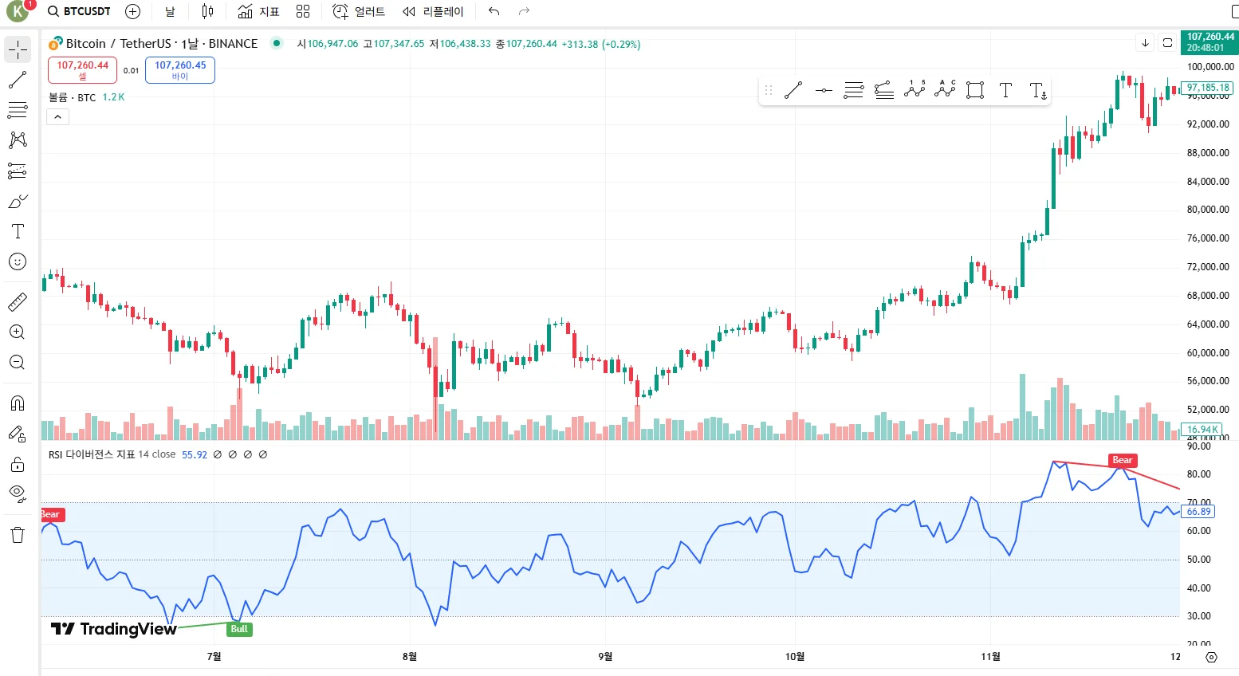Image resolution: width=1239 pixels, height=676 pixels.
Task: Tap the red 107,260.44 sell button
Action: (82, 70)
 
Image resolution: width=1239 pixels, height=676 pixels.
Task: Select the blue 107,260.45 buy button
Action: (180, 70)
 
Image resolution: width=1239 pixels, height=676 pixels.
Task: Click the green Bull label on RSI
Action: (239, 629)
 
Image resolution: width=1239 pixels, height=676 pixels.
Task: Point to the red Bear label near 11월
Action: (1122, 460)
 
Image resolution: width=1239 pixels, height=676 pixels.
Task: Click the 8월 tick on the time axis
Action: (409, 656)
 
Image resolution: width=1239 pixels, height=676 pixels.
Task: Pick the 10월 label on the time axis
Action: (795, 656)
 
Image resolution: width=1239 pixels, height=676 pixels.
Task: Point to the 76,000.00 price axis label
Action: (1208, 238)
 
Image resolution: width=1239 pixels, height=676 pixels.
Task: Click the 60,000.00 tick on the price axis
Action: (1208, 352)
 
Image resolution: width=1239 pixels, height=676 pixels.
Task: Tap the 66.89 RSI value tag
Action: (1198, 512)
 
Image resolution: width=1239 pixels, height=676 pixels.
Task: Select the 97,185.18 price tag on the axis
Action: (1207, 88)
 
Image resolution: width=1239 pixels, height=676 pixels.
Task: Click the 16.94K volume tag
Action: (1202, 429)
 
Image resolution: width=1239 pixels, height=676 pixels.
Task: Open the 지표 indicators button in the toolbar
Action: (259, 11)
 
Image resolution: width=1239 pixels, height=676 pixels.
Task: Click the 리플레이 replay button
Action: (433, 11)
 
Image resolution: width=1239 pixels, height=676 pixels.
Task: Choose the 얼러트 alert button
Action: (359, 11)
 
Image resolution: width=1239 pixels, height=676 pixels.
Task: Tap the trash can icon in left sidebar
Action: (18, 535)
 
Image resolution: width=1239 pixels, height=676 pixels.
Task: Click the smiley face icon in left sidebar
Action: (18, 261)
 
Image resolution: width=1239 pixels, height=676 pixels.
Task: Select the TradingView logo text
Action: (114, 629)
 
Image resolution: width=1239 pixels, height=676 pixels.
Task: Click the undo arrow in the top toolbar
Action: (494, 11)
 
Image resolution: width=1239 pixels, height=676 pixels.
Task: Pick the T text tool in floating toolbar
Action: (1005, 90)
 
